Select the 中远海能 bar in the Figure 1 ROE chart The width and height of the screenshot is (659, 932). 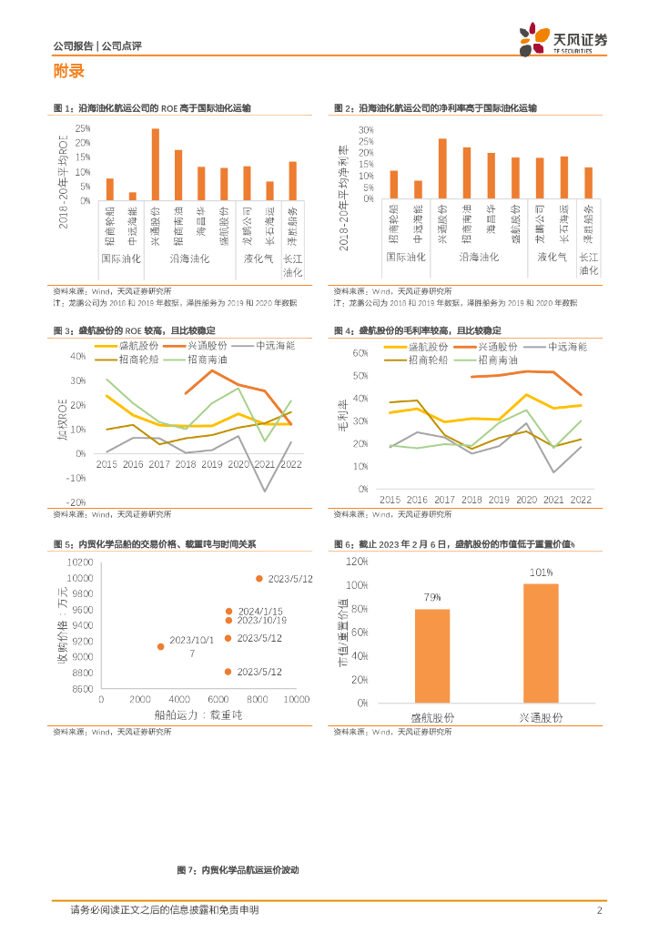pyautogui.click(x=133, y=196)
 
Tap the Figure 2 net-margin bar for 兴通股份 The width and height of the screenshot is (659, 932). pyautogui.click(x=442, y=168)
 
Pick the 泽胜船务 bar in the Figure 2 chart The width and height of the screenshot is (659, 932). pyautogui.click(x=588, y=183)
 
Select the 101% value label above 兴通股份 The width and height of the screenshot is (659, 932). pyautogui.click(x=542, y=572)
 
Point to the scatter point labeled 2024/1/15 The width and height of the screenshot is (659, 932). pyautogui.click(x=229, y=612)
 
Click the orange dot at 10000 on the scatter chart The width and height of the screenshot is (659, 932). pyautogui.click(x=259, y=579)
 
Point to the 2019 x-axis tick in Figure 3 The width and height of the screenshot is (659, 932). pyautogui.click(x=212, y=464)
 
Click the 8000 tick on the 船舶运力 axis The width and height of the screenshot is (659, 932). pyautogui.click(x=258, y=699)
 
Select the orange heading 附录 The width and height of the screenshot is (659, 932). pyautogui.click(x=69, y=72)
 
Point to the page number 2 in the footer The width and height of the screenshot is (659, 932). pyautogui.click(x=599, y=910)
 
